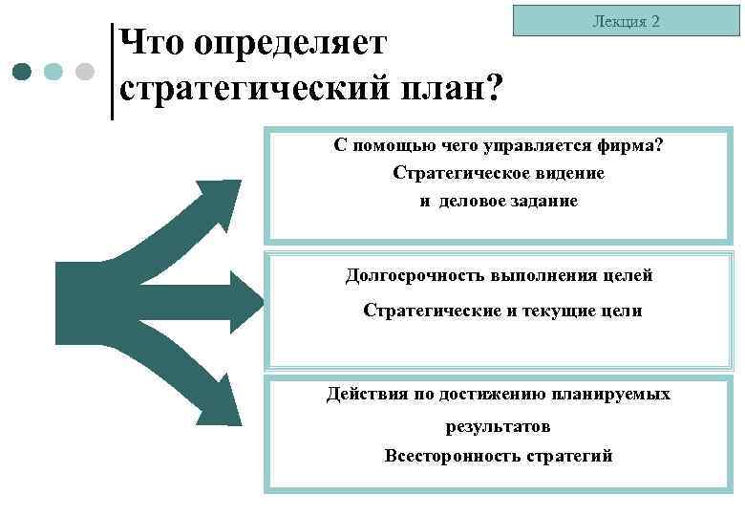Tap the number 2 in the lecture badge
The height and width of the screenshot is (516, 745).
[655, 20]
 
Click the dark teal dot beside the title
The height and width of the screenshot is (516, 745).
[24, 72]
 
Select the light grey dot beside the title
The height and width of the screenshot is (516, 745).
[84, 72]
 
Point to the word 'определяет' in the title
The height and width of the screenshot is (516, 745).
[289, 42]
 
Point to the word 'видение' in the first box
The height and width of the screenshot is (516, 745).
[569, 174]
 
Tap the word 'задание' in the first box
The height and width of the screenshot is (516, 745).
[543, 202]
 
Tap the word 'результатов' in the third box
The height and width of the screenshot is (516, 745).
[498, 426]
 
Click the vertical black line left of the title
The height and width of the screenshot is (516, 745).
[113, 72]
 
